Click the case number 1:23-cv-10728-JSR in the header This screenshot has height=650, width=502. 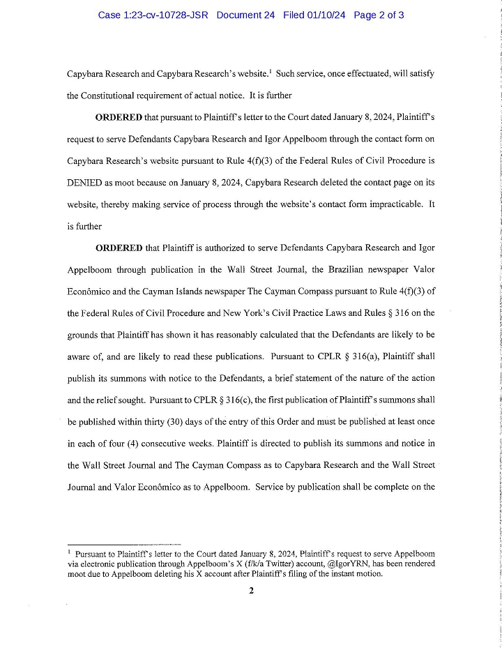coord(153,15)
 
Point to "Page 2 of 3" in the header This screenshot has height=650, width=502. coord(379,15)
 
